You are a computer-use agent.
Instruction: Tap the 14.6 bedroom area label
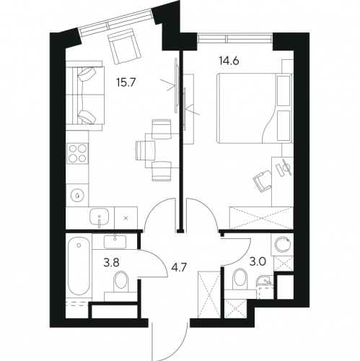click(x=229, y=61)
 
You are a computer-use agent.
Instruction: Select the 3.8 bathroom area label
click(x=111, y=263)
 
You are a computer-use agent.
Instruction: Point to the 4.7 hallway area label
click(x=178, y=268)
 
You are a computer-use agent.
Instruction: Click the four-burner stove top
click(x=77, y=153)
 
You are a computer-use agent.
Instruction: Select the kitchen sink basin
click(x=99, y=217)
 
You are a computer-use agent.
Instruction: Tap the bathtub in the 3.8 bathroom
click(x=79, y=266)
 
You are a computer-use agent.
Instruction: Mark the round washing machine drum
click(x=282, y=245)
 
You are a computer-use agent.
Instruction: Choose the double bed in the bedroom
click(x=255, y=108)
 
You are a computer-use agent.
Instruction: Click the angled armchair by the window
click(x=124, y=46)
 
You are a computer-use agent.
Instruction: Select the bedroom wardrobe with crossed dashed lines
click(x=262, y=218)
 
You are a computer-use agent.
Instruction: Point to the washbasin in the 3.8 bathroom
click(x=115, y=242)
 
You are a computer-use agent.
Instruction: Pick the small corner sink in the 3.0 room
click(x=264, y=280)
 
